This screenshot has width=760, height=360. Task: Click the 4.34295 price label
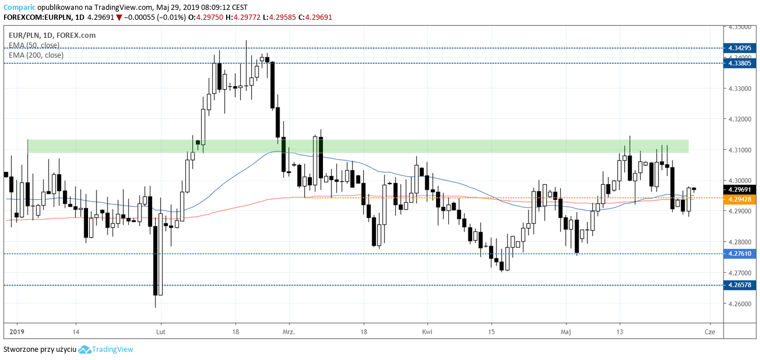tap(738, 48)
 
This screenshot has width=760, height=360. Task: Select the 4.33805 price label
tap(738, 63)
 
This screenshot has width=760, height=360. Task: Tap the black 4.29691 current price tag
tap(738, 189)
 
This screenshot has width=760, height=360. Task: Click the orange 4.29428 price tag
tap(738, 199)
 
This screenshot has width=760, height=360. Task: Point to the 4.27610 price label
tap(738, 253)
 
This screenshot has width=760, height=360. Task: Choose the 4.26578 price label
tap(738, 285)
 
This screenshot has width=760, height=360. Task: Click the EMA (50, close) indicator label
tap(34, 45)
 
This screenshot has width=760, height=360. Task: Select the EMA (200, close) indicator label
tap(36, 55)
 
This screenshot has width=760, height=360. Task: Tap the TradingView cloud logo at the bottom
tap(85, 350)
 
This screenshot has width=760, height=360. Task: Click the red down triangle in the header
tap(119, 17)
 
